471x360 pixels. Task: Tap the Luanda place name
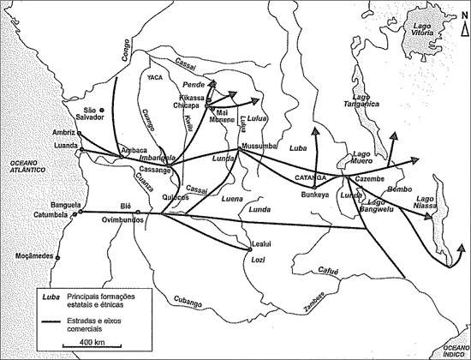(x=64, y=146)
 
